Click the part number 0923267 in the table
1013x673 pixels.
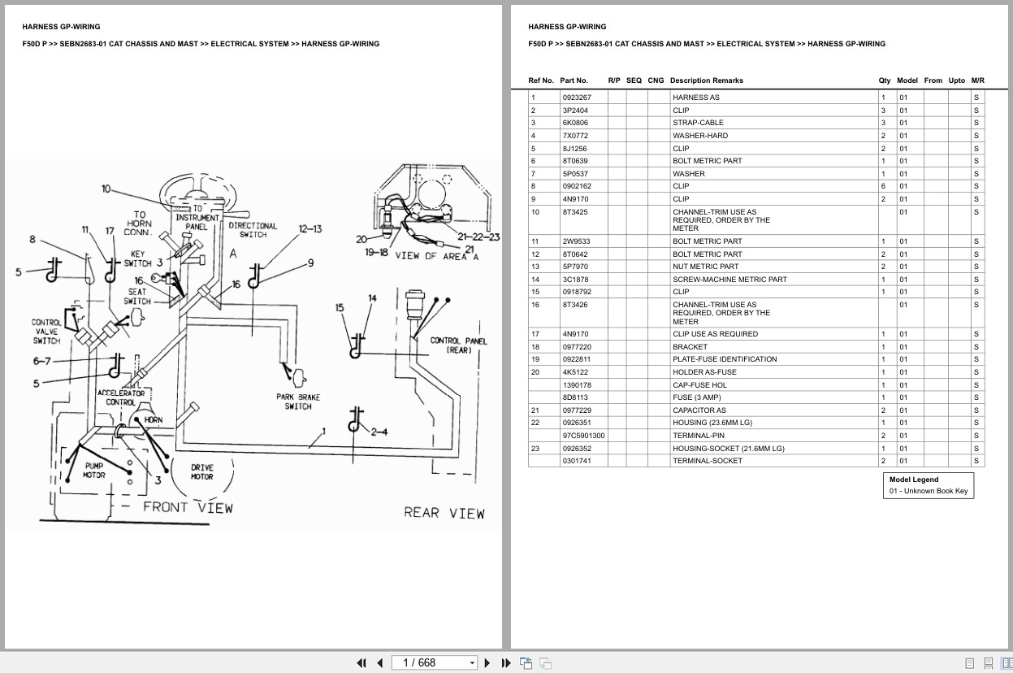[x=577, y=98]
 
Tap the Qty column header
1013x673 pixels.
[x=885, y=80]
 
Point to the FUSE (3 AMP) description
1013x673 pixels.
[x=696, y=397]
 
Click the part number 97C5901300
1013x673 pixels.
[x=583, y=436]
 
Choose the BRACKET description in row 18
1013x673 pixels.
[x=690, y=347]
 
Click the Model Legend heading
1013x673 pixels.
[x=913, y=480]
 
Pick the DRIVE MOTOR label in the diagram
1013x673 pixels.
[x=202, y=472]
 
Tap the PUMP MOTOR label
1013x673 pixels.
[x=94, y=470]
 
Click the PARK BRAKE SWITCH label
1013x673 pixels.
[x=298, y=402]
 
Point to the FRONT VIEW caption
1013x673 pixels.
[x=188, y=507]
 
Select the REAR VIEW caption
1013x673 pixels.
[x=444, y=513]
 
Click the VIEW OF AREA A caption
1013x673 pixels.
[x=437, y=256]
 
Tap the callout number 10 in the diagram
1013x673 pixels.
[x=106, y=189]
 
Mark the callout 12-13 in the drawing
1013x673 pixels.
[x=310, y=229]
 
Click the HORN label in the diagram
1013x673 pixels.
[x=154, y=420]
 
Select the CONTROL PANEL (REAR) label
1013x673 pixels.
[x=458, y=345]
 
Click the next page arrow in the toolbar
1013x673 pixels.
[x=487, y=662]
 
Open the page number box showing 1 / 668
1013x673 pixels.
[x=434, y=662]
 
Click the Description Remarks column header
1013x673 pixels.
[x=706, y=80]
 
